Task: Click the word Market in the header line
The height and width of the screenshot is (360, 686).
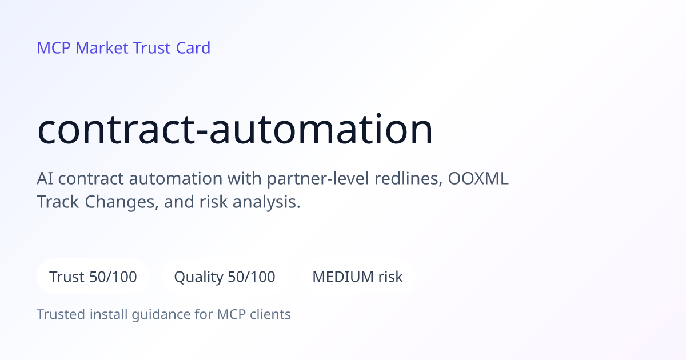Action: pos(102,48)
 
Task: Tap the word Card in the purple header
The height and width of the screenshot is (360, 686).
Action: pos(193,48)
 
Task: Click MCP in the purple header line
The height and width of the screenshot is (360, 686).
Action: pos(54,48)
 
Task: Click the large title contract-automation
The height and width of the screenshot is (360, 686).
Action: pos(235,129)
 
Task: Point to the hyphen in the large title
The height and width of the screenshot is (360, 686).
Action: pos(202,132)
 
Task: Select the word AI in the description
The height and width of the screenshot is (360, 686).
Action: pos(45,178)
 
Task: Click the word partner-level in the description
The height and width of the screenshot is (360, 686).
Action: pos(318,179)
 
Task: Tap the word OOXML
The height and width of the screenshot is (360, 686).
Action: pos(478,178)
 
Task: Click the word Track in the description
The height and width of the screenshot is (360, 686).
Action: pos(58,202)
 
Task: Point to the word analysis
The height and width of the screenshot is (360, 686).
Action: pos(266,203)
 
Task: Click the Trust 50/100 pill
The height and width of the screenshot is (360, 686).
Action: pos(93,277)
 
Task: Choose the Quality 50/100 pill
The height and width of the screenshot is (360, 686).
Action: pos(225,277)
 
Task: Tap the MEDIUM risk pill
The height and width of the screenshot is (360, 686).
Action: pos(357,277)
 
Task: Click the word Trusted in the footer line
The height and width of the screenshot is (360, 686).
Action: pos(61,314)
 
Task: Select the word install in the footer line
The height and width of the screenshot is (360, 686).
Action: pos(109,314)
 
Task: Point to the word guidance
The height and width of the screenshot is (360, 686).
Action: pos(161,315)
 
